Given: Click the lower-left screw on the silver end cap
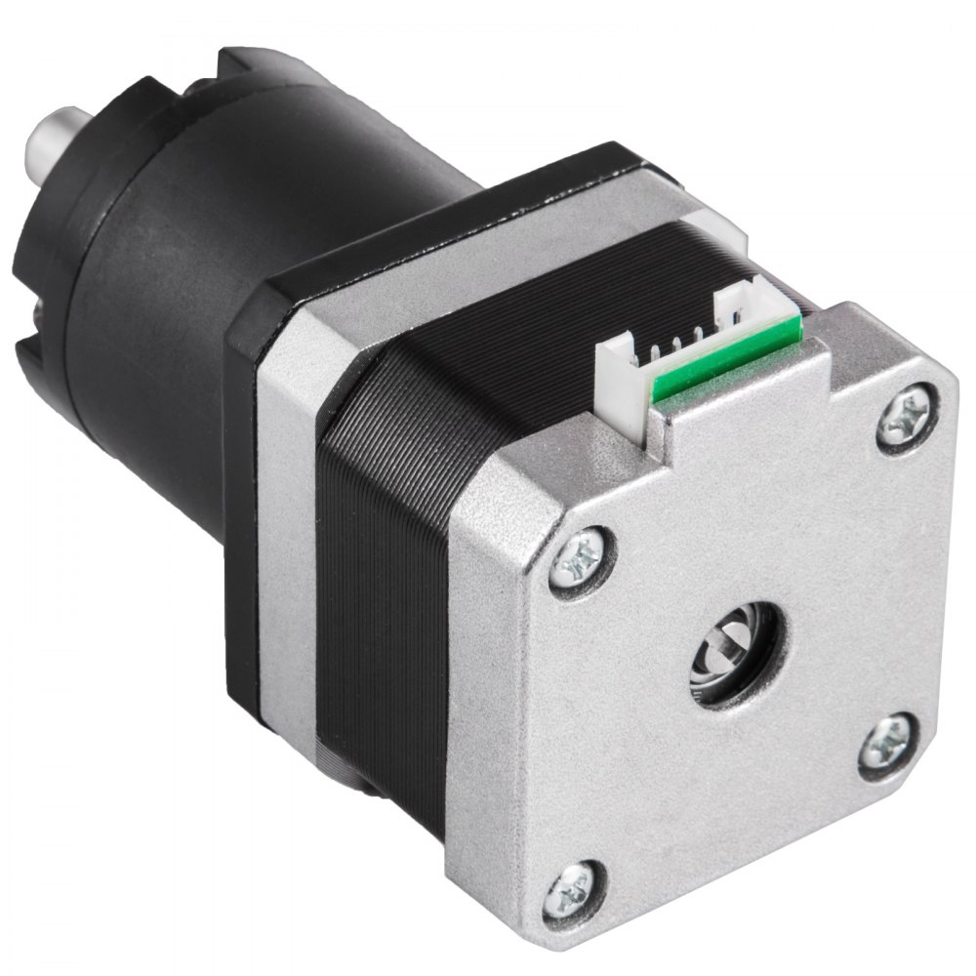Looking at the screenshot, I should (570, 890).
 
